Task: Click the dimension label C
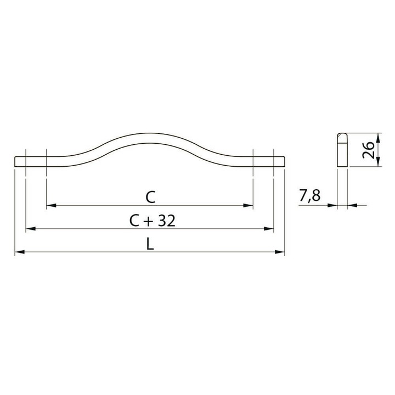click(150, 198)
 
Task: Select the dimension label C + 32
click(152, 221)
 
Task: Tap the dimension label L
click(150, 244)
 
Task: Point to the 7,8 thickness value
click(309, 195)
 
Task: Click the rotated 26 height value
click(368, 150)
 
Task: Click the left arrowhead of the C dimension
click(52, 206)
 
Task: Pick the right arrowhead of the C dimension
click(248, 206)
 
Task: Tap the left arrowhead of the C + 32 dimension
click(31, 229)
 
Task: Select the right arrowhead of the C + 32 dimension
click(268, 229)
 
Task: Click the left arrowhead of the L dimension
click(20, 252)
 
